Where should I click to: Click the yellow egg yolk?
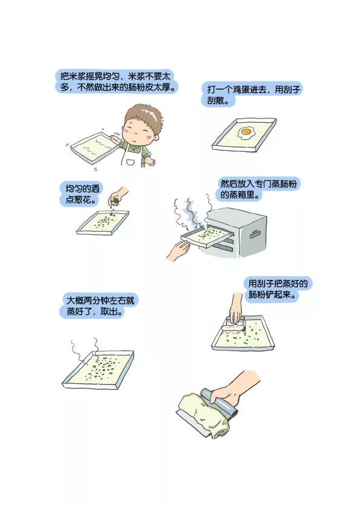[246, 131]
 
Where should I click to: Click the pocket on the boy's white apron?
[131, 161]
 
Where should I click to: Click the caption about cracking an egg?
[252, 94]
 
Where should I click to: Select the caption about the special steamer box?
[258, 189]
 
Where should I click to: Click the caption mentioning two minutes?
[99, 306]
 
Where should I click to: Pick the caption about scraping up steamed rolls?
[278, 289]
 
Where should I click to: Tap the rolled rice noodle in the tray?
[232, 328]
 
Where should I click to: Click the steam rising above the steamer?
[192, 210]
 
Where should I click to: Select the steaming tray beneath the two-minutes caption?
[98, 370]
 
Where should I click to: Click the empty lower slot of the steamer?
[225, 248]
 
